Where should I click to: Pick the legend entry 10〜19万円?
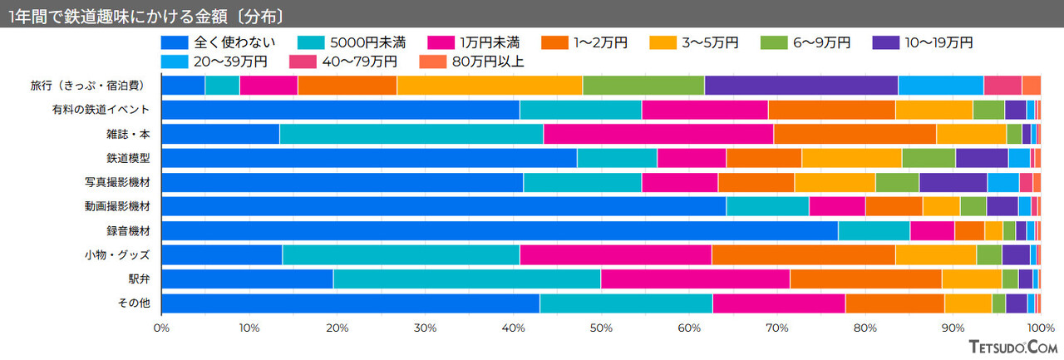(x=923, y=42)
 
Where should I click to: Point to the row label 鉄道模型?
(x=128, y=158)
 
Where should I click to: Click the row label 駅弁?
(x=140, y=279)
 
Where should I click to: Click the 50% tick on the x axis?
(x=601, y=328)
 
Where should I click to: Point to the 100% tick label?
(x=1040, y=328)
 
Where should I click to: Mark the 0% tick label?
(x=161, y=328)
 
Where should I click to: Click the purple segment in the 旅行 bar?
(x=800, y=85)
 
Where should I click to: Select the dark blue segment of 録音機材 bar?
(x=499, y=231)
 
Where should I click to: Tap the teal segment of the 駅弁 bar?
(x=466, y=279)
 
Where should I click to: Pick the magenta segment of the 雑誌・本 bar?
(x=658, y=134)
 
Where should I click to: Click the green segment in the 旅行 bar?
(x=643, y=85)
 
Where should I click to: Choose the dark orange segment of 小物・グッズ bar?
(x=803, y=255)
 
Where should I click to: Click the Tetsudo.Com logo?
(x=1012, y=348)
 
